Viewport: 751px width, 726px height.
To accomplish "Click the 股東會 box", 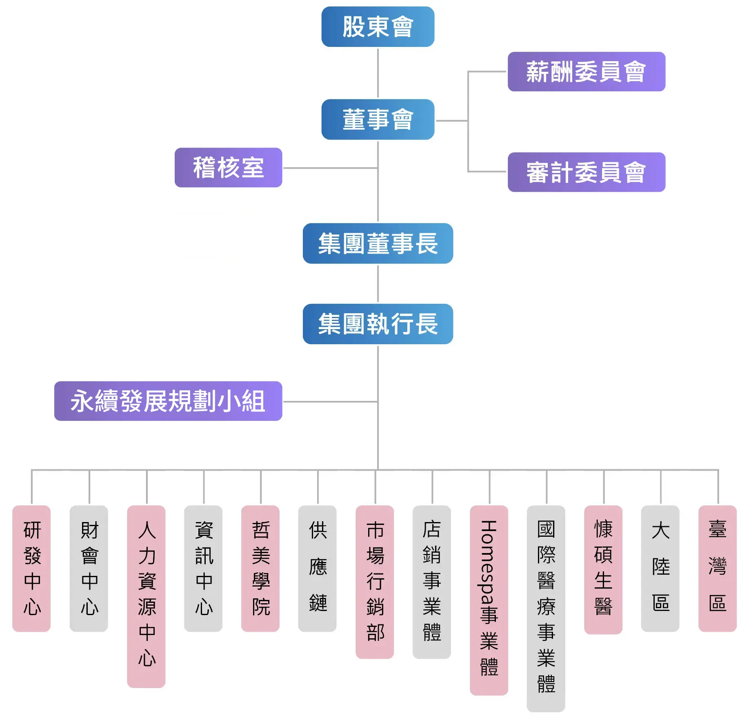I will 378,27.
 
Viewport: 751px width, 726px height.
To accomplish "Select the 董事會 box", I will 378,120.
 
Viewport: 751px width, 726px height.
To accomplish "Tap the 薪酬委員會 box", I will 586,72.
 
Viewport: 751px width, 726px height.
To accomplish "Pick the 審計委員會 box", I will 586,172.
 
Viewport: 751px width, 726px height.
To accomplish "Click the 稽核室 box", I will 228,168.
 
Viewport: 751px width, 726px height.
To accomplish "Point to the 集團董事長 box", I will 378,243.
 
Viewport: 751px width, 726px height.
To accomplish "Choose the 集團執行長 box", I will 378,324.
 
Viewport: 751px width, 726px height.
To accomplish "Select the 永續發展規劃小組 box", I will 168,401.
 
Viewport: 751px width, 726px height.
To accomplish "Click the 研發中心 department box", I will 31,569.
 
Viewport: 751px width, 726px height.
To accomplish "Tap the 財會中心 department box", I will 89,569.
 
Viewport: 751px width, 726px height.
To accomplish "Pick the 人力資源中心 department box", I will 146,596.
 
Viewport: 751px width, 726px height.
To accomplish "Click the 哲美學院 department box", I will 260,569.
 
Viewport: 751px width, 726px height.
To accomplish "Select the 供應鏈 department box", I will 318,569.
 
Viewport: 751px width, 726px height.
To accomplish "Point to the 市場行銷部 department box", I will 375,582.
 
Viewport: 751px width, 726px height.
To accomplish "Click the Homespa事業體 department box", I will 489,600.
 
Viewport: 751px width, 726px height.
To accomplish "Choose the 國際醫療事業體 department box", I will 546,609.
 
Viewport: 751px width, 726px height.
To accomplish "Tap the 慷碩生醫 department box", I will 603,570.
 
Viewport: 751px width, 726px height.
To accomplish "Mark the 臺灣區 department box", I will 718,569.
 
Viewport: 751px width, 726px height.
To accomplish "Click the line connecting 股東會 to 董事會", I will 378,73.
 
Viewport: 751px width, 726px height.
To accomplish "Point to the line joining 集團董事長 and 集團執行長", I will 378,284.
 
